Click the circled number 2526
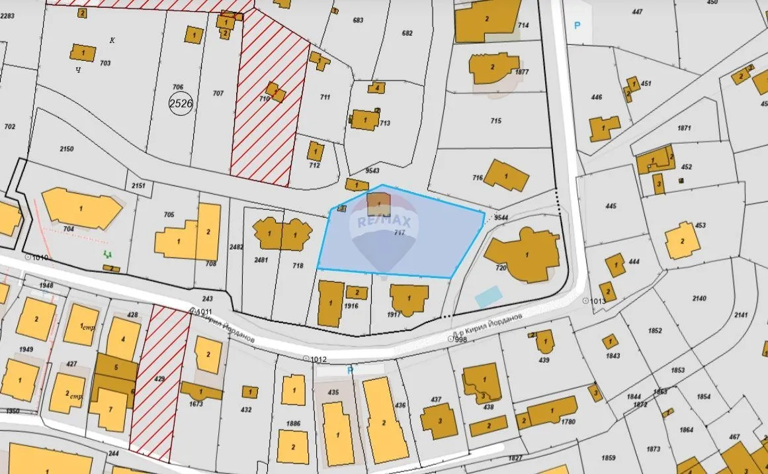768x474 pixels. pos(181,104)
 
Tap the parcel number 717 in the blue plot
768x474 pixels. pos(400,233)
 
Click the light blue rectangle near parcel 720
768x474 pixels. pos(489,297)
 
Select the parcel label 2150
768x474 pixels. pos(67,149)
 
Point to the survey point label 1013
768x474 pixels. pos(598,301)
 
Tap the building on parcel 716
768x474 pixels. pos(506,175)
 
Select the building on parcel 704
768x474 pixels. pos(81,208)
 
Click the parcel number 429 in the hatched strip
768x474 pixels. pos(159,379)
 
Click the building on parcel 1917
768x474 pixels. pos(408,299)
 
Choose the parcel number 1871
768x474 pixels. pos(684,128)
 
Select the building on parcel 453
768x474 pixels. pos(683,241)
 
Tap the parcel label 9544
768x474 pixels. pos(501,217)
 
